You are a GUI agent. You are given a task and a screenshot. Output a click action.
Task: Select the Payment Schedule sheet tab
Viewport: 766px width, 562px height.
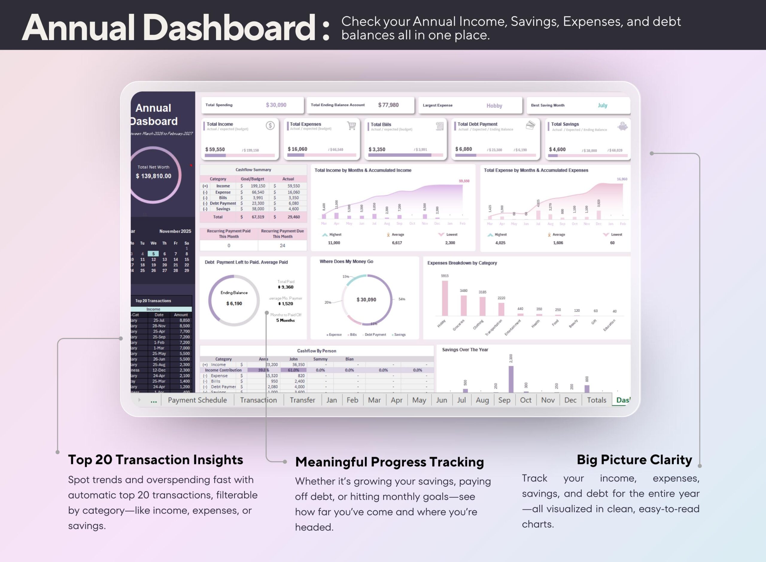(197, 400)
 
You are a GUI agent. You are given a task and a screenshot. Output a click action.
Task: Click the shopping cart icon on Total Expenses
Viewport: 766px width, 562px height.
(352, 125)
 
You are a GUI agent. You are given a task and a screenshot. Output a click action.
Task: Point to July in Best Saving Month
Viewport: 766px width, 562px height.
(602, 105)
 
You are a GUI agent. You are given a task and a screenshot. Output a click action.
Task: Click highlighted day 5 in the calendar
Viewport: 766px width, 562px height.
(153, 254)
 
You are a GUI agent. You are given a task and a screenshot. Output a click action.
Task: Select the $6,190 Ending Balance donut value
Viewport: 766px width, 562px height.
(234, 303)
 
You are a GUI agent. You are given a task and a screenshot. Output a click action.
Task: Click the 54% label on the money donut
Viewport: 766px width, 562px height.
(402, 299)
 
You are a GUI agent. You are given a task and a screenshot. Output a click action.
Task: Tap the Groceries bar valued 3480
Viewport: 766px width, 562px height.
(463, 305)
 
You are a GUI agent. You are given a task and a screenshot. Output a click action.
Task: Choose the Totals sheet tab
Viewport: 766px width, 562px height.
(596, 400)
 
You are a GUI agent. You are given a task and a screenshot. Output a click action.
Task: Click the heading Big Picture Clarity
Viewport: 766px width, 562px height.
(634, 460)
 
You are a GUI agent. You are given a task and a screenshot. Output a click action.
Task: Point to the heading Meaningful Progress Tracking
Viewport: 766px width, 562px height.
(389, 462)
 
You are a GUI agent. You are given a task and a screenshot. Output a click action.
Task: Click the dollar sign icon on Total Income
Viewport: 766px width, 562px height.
(270, 125)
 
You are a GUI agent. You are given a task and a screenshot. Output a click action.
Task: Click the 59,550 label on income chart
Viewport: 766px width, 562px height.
(464, 181)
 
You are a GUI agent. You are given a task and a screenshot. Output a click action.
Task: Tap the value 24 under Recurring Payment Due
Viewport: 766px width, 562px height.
(282, 246)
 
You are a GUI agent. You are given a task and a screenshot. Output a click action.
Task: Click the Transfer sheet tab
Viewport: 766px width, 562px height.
(302, 400)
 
